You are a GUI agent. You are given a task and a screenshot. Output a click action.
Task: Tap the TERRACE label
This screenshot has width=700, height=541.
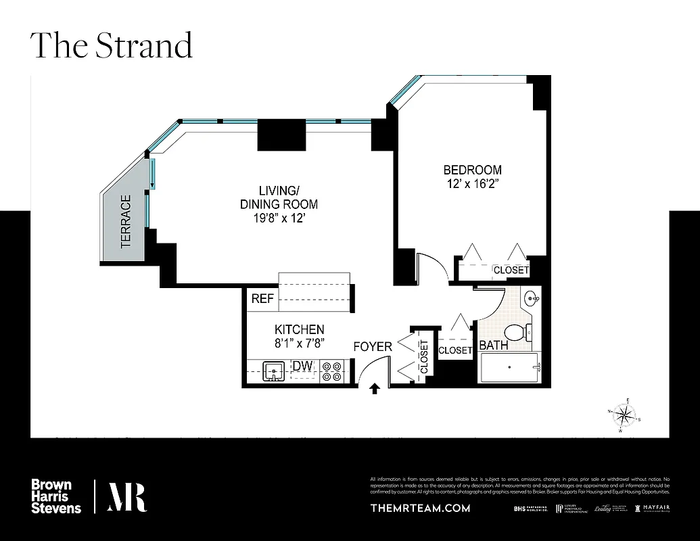point(126,222)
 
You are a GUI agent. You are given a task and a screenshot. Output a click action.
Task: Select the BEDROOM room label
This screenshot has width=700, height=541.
point(472,170)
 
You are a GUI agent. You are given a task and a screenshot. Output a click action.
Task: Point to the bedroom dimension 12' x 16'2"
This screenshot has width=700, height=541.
point(472,183)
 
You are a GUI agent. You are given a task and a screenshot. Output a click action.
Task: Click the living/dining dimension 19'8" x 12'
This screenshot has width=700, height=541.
point(279,218)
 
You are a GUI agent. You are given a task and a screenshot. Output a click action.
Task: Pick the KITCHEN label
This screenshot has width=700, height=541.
point(299,329)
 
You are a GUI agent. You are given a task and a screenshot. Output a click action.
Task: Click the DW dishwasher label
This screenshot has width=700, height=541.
point(302,366)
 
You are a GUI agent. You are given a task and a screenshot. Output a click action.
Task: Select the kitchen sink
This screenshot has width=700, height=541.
point(274,371)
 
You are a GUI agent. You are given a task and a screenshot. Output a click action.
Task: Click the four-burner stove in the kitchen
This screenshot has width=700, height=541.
point(331,371)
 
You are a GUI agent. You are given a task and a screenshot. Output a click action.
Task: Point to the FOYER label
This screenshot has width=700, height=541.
point(373,347)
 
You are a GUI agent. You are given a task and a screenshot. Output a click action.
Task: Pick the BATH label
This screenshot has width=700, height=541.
point(494,346)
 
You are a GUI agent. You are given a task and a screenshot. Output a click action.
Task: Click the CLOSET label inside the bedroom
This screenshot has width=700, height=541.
point(511,270)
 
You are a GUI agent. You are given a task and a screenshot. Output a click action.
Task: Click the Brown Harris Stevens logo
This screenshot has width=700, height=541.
point(56,496)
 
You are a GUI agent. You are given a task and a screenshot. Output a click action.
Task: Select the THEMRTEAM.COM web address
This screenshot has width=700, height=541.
point(420,508)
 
